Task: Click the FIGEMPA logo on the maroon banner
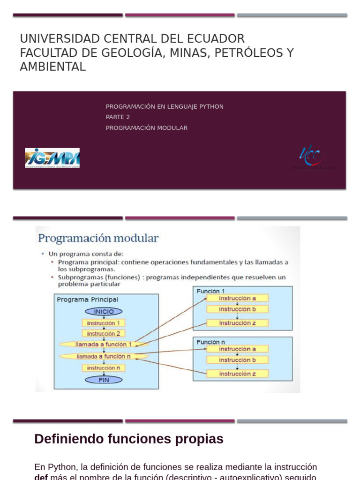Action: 52,158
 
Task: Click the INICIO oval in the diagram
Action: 104,311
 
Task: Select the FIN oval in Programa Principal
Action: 104,380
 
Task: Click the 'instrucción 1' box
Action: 104,322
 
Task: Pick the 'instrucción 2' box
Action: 104,333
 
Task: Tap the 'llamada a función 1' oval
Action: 104,344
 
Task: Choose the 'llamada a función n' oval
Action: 104,356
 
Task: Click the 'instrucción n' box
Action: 104,368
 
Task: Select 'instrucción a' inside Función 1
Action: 238,298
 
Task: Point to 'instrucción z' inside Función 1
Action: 238,323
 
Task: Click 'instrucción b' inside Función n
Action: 238,360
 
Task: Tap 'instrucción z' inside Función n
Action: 238,374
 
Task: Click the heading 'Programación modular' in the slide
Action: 98,238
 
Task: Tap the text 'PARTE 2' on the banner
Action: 118,117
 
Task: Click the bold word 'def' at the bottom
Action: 41,477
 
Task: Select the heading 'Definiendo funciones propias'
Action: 129,439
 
